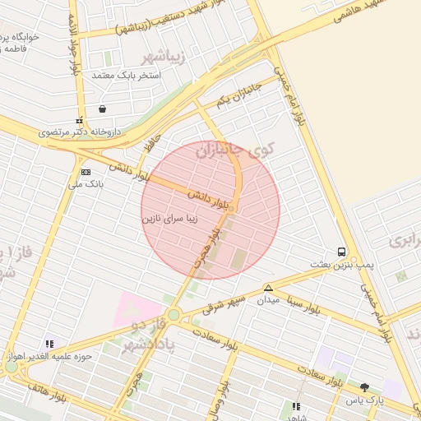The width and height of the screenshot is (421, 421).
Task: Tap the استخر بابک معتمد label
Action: (127, 75)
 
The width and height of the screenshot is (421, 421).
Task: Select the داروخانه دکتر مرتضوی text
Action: (83, 132)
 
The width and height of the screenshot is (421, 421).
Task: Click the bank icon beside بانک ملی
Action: (86, 172)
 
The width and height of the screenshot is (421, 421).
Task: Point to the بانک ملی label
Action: (86, 184)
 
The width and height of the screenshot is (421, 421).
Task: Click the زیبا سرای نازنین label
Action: (172, 220)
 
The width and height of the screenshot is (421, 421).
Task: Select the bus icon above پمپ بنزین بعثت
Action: (341, 252)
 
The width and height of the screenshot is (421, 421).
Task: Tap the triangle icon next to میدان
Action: (268, 288)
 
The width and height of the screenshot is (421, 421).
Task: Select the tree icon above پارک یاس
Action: (364, 386)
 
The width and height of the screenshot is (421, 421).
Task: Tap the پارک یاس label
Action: (364, 400)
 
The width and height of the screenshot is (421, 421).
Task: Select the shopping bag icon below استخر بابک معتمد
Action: (102, 109)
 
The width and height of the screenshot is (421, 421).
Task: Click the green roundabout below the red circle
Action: (173, 315)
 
